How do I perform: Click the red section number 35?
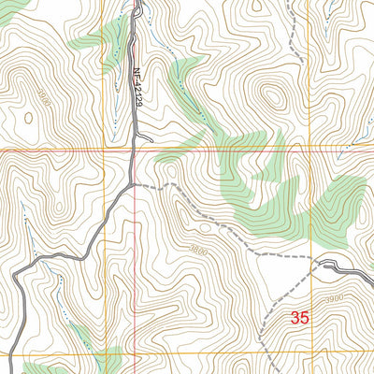[x=299, y=318]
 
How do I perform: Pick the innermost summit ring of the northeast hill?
[x=273, y=96]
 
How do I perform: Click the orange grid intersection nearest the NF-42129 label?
[x=104, y=149]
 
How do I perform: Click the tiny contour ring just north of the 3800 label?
[x=202, y=224]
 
